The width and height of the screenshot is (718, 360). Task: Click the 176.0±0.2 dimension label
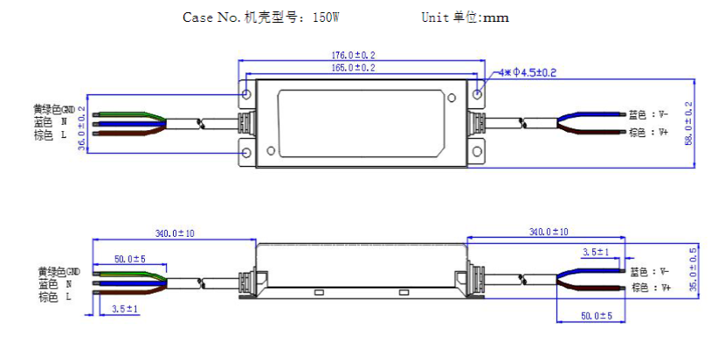[x=353, y=55]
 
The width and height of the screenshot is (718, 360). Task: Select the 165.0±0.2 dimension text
[x=353, y=68]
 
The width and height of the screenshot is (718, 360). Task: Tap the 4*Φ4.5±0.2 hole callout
[x=527, y=73]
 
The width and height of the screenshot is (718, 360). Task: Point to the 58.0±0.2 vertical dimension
[x=688, y=124]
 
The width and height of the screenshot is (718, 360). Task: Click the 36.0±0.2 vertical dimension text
[x=81, y=128]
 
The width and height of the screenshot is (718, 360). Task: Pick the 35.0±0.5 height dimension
[x=694, y=270]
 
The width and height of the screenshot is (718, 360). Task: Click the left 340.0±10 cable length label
[x=175, y=233]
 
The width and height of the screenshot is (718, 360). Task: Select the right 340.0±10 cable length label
[x=549, y=232]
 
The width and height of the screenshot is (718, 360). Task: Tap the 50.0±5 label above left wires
[x=129, y=260]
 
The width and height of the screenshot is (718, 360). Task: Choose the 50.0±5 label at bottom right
[x=597, y=316]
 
